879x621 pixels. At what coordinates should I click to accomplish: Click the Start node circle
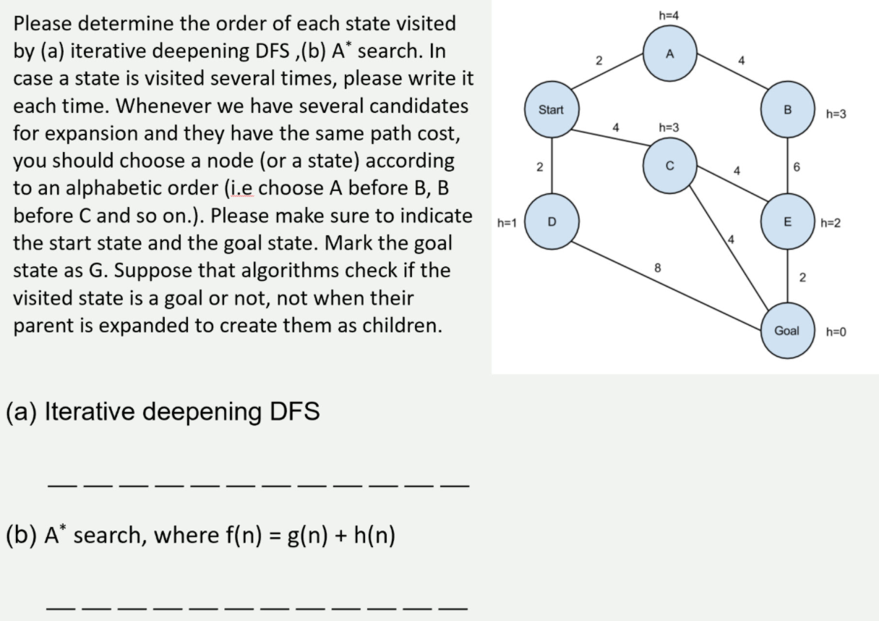coord(551,111)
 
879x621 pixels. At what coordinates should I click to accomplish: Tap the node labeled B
coord(789,111)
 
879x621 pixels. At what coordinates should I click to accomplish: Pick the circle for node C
coord(670,165)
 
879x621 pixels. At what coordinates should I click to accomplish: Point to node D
coord(551,220)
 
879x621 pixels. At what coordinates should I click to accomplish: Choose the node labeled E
coord(789,220)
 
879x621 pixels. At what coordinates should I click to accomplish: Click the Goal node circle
coord(787,331)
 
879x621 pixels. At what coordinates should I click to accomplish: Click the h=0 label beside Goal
coord(836,332)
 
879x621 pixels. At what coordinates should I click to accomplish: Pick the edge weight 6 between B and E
coord(797,166)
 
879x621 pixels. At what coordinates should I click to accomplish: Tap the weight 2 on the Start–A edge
coord(599,61)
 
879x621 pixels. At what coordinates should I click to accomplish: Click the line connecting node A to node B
coord(730,82)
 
